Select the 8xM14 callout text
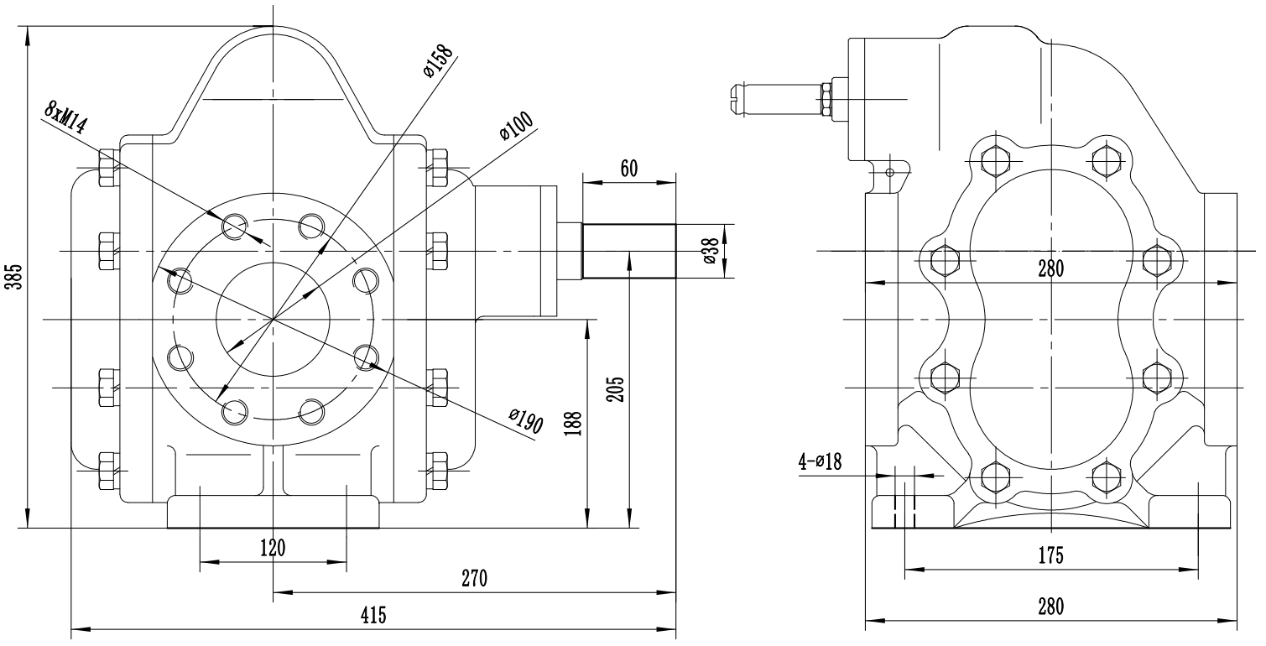point(66,117)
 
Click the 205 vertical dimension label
point(615,388)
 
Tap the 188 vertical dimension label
point(570,423)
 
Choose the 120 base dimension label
point(273,549)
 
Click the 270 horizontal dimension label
point(474,579)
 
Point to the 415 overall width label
point(373,615)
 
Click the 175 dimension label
point(1050,555)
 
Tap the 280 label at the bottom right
point(1050,607)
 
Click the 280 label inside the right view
point(1050,268)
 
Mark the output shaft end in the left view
point(629,251)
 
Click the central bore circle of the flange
point(273,319)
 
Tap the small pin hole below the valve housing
point(889,172)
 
